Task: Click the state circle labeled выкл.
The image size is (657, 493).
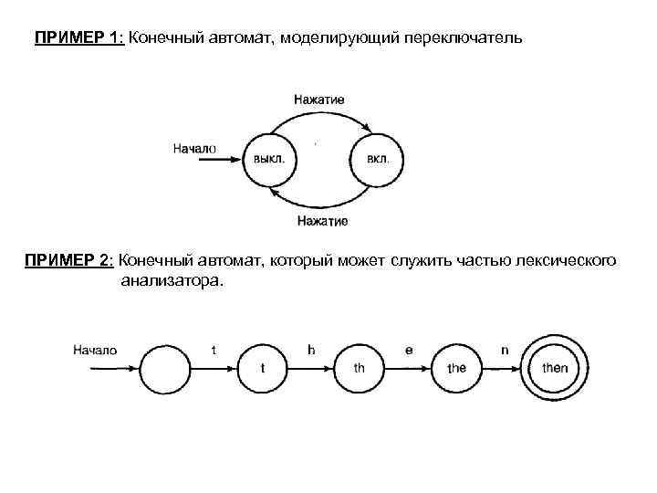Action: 269,158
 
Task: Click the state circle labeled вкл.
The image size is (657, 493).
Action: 377,158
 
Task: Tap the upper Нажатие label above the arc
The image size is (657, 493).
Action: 319,99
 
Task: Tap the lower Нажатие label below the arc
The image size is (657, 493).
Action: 322,220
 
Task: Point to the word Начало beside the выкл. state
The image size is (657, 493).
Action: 194,148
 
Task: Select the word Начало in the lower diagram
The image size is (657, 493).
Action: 95,350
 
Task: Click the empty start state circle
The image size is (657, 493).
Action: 166,368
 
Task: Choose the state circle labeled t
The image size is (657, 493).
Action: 263,368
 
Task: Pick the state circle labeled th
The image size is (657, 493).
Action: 360,368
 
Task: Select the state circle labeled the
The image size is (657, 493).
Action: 456,368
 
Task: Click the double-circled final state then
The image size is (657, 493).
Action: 554,368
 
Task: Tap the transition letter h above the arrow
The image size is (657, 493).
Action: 311,350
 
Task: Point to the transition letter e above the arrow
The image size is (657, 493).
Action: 409,350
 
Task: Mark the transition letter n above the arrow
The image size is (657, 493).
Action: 505,350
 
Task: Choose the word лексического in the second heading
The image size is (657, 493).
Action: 567,262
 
